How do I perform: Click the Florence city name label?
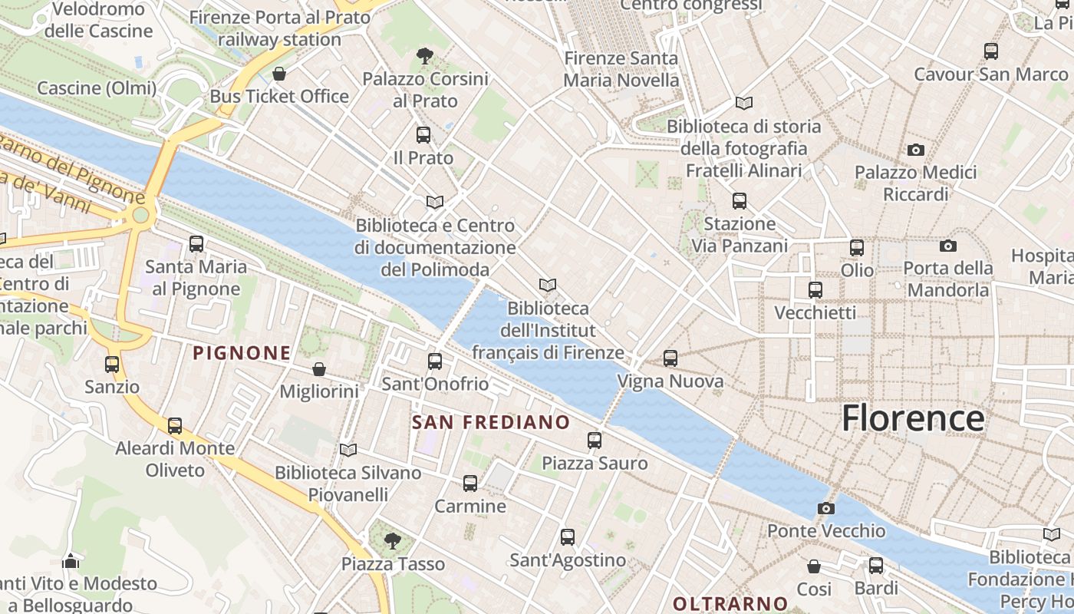click(x=913, y=419)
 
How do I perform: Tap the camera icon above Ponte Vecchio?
click(x=826, y=508)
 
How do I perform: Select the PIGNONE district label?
click(x=242, y=353)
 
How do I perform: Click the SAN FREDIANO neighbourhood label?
click(x=491, y=422)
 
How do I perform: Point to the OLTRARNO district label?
click(x=730, y=603)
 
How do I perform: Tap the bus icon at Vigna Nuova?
click(x=670, y=358)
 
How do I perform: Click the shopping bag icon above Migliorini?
click(x=319, y=369)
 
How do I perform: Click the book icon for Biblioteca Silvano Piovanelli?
click(x=348, y=450)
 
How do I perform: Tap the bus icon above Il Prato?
click(x=423, y=135)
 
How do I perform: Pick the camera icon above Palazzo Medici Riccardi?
click(x=915, y=150)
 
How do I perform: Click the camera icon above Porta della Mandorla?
click(x=948, y=246)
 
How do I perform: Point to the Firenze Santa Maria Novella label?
click(x=621, y=69)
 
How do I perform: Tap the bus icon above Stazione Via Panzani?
click(x=740, y=201)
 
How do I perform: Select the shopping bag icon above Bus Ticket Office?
click(x=279, y=74)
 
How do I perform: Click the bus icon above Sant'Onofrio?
click(x=435, y=361)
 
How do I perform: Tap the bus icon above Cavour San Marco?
click(x=991, y=51)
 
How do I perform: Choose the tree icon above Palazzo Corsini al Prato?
click(x=424, y=55)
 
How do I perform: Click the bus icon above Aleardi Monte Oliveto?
click(x=175, y=425)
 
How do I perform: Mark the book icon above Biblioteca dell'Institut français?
click(x=547, y=286)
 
